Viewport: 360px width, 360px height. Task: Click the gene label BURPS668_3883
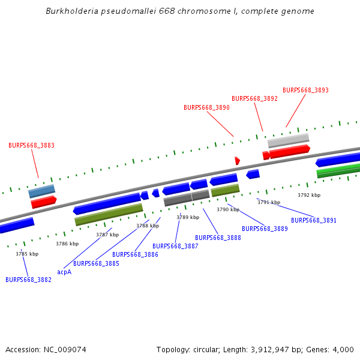pyautogui.click(x=31, y=145)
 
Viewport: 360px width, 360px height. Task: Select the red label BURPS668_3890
pyautogui.click(x=206, y=107)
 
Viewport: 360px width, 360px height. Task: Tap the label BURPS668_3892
pyautogui.click(x=254, y=98)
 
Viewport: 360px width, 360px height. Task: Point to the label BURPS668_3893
pyautogui.click(x=305, y=90)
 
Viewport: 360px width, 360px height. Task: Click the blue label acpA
pyautogui.click(x=64, y=272)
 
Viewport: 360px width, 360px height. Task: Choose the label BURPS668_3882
pyautogui.click(x=28, y=280)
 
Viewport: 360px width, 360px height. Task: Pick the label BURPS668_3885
pyautogui.click(x=96, y=263)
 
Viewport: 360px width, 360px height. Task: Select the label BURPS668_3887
pyautogui.click(x=175, y=246)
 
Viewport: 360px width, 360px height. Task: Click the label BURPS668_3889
pyautogui.click(x=265, y=229)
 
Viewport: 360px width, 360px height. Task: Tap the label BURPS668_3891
pyautogui.click(x=314, y=220)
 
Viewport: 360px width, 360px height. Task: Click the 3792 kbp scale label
pyautogui.click(x=309, y=195)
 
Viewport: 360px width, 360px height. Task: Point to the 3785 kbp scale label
pyautogui.click(x=27, y=254)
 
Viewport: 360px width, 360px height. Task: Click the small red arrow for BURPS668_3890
pyautogui.click(x=237, y=160)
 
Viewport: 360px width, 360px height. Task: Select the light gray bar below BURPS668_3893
pyautogui.click(x=288, y=140)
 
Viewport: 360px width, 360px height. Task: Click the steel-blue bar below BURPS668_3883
pyautogui.click(x=41, y=191)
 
